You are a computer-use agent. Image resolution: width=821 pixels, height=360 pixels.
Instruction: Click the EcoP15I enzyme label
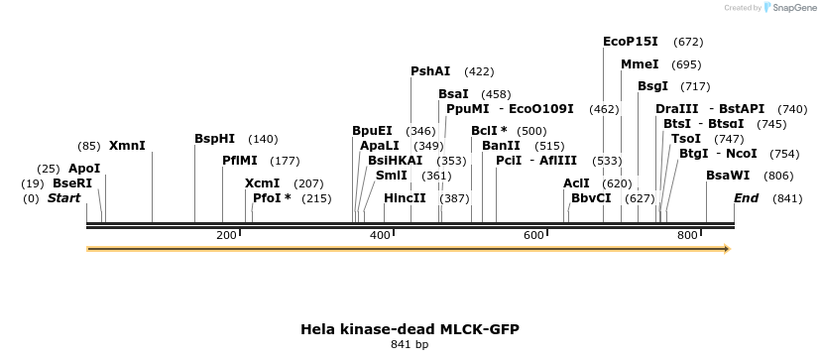point(631,42)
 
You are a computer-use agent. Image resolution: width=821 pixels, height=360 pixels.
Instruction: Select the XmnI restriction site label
point(127,146)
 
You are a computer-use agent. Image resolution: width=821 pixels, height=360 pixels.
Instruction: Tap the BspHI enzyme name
point(215,139)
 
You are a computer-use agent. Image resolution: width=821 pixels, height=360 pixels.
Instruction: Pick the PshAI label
point(430,71)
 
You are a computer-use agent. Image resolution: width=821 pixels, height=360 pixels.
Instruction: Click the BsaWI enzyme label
point(728,176)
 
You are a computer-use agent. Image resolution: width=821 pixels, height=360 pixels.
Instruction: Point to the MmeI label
point(640,64)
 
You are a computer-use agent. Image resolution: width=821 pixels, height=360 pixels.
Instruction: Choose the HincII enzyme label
point(405,198)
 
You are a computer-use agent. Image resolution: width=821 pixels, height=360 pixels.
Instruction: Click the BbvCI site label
point(591,198)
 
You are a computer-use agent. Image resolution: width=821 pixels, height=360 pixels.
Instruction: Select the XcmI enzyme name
point(263,183)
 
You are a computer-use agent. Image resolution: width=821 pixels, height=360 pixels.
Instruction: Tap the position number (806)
point(778,176)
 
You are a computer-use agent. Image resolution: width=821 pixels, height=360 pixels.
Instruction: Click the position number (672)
point(687,42)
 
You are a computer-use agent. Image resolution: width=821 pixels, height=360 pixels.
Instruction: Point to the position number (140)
point(263,139)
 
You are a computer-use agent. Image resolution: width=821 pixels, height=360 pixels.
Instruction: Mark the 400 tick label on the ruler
point(381,235)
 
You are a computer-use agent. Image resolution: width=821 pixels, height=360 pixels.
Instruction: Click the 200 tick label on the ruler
point(226,235)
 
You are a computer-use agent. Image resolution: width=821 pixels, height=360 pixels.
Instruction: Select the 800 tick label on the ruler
point(688,235)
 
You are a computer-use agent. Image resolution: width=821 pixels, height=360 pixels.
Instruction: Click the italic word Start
point(63,198)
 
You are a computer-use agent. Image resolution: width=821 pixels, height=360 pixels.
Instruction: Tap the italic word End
point(746,198)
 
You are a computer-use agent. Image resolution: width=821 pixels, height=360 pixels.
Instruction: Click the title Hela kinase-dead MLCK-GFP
point(410,328)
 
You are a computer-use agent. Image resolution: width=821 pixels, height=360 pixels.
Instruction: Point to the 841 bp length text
point(410,345)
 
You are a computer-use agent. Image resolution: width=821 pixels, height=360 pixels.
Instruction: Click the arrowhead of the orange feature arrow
point(727,249)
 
